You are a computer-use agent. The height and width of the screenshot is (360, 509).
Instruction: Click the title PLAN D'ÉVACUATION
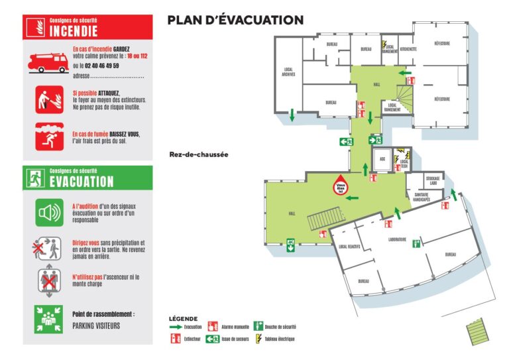click(x=235, y=21)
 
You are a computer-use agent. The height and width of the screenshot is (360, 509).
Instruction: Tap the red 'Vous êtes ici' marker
click(x=341, y=187)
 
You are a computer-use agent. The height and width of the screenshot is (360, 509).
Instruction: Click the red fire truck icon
click(x=48, y=62)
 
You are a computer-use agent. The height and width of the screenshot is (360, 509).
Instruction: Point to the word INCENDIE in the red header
click(x=74, y=30)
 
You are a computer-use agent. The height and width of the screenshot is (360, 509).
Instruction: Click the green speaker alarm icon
click(x=49, y=213)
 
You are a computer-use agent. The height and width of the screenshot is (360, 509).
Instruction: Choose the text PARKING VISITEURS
click(x=96, y=326)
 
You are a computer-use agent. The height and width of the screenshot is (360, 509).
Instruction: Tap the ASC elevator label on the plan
click(x=382, y=158)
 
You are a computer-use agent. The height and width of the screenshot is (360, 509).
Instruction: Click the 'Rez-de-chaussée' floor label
click(x=198, y=154)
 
